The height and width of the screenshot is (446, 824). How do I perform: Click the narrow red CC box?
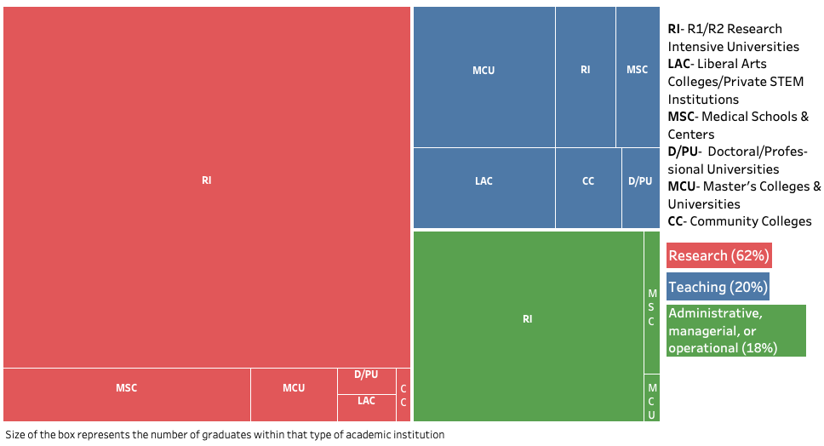pyautogui.click(x=403, y=394)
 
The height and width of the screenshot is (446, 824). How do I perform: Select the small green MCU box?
pyautogui.click(x=652, y=397)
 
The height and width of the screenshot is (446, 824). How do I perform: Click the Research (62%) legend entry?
pyautogui.click(x=719, y=255)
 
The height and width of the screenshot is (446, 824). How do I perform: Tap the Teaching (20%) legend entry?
pyautogui.click(x=718, y=287)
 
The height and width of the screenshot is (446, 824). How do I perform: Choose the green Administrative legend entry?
pyautogui.click(x=735, y=330)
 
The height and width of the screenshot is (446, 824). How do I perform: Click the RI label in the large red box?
pyautogui.click(x=207, y=180)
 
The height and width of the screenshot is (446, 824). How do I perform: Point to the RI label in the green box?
pyautogui.click(x=528, y=319)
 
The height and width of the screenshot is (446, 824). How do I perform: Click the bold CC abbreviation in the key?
pyautogui.click(x=676, y=221)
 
